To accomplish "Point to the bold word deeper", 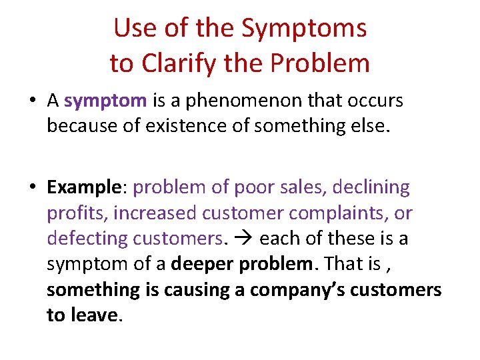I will tap(203, 263).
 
